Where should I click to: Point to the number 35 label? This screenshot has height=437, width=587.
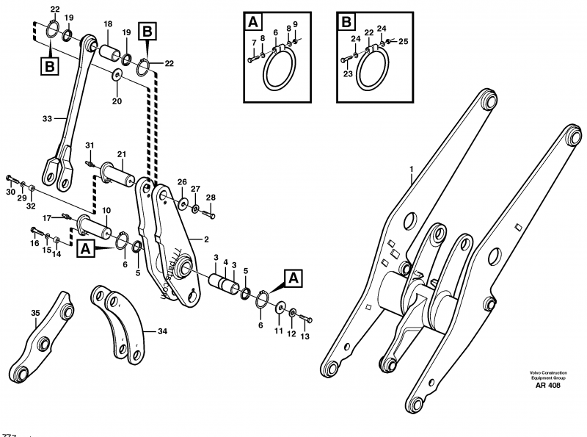(34, 313)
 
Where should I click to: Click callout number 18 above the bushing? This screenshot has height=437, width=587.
(107, 24)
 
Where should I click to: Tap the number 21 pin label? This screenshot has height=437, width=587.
(120, 154)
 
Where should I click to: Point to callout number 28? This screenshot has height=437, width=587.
(211, 198)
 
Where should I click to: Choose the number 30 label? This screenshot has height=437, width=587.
(10, 192)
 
